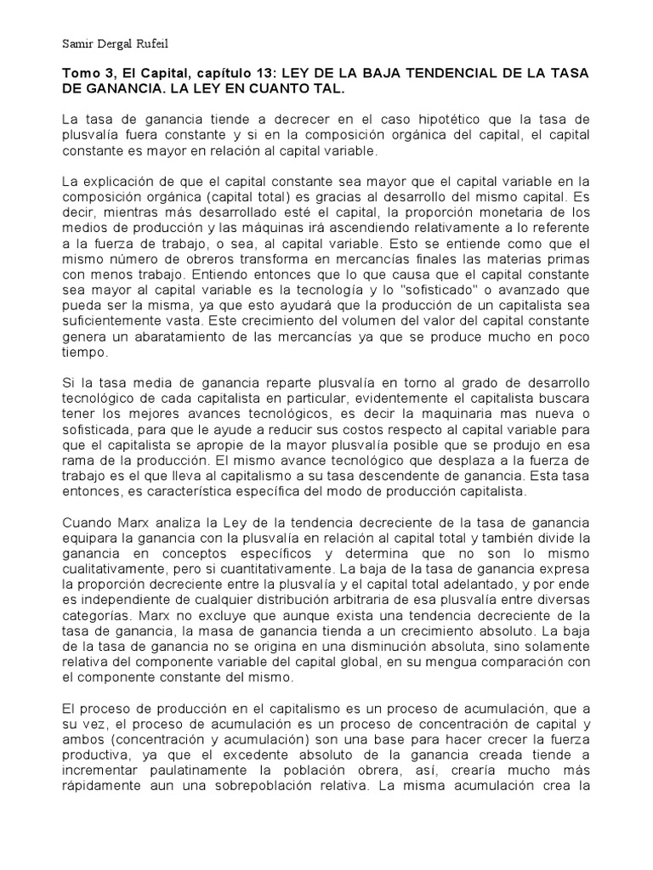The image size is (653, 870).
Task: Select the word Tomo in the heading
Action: tap(82, 75)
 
